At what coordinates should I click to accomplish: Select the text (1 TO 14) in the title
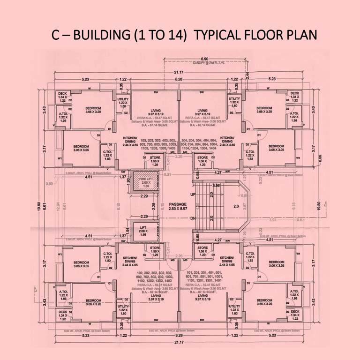[162, 36]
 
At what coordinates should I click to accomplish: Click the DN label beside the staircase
[192, 218]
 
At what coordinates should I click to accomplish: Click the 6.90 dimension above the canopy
[204, 59]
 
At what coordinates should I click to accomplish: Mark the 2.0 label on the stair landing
[236, 206]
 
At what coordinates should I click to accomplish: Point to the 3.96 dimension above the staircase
[216, 186]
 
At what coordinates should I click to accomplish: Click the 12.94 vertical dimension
[58, 205]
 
